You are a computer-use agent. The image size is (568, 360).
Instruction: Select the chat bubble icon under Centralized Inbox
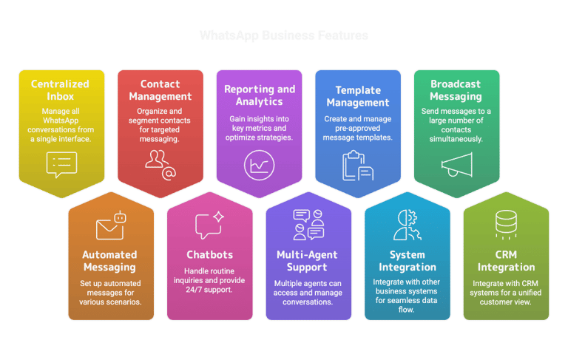coord(61,163)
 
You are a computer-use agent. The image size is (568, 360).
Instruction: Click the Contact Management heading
coord(160,90)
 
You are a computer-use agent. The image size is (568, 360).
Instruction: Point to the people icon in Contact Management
coord(160,163)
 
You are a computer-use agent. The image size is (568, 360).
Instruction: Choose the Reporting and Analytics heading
coord(260,95)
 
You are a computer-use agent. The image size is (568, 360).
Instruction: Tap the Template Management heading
coord(358,96)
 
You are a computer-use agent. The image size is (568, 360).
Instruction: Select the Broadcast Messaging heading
coord(456,90)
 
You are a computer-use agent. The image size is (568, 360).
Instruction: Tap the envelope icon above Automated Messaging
coord(111,227)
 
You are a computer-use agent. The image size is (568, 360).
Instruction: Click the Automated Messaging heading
coord(109,261)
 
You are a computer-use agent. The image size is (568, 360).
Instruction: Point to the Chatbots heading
coord(209,255)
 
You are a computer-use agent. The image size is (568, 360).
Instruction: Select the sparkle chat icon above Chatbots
coord(209,225)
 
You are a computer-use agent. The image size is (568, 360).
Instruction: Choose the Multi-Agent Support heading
coord(308,261)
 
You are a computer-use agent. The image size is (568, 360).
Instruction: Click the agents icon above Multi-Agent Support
coord(308,225)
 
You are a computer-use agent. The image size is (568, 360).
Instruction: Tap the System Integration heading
coord(408,261)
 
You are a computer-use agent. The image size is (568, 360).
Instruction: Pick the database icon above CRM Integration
coord(506,225)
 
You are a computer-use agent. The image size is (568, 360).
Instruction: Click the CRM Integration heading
coord(506,261)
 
